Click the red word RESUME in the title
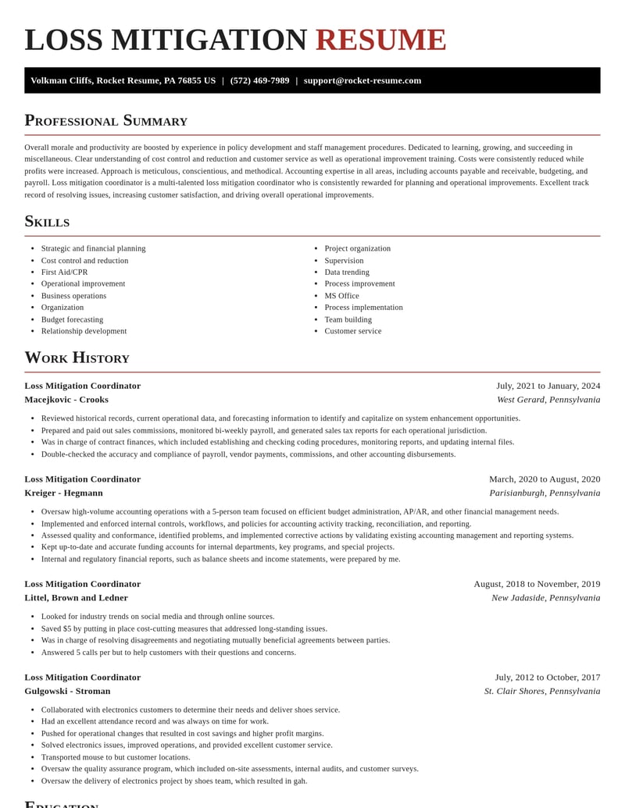point(380,40)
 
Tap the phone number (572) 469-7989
point(259,80)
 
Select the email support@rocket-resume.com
point(362,80)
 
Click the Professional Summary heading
point(105,120)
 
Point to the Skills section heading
point(47,221)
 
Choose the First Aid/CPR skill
point(64,272)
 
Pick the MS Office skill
point(341,296)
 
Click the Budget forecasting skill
point(72,319)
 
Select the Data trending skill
point(347,272)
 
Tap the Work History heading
point(77,358)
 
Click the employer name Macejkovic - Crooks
point(66,400)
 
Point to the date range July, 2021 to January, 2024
point(548,386)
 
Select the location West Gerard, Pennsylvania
point(548,400)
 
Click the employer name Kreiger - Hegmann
point(63,493)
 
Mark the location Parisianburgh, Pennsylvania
point(545,493)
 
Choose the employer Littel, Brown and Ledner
point(76,598)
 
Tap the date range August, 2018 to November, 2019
point(537,584)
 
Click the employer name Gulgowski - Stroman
point(67,691)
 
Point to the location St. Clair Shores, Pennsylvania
point(542,691)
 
